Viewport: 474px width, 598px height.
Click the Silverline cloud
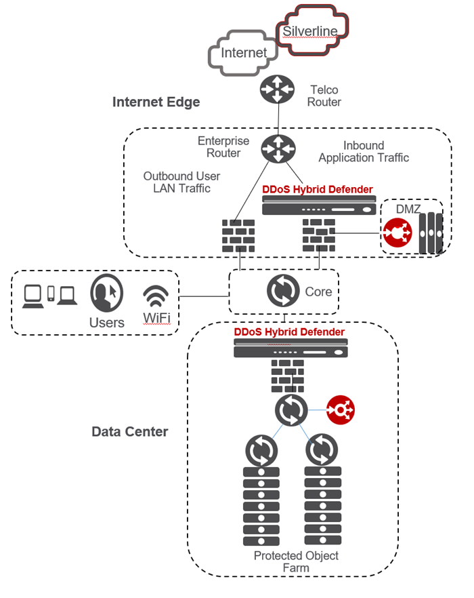click(311, 30)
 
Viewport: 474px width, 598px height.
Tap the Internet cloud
click(243, 53)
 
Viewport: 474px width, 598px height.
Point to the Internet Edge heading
click(156, 102)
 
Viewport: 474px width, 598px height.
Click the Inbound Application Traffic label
click(364, 152)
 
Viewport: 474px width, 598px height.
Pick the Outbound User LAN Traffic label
click(181, 182)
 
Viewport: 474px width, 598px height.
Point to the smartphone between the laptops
click(51, 294)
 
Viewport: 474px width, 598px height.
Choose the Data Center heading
click(130, 432)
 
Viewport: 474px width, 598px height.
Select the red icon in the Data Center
click(341, 410)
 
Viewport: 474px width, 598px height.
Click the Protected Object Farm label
click(296, 562)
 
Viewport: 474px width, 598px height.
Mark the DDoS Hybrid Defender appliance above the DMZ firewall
click(318, 205)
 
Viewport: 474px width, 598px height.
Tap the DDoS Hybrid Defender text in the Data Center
click(289, 332)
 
